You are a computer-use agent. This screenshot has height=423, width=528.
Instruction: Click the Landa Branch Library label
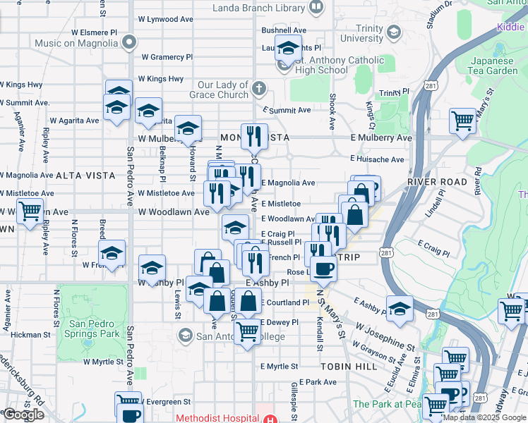pyautogui.click(x=260, y=8)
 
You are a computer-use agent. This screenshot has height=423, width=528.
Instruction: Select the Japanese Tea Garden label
pyautogui.click(x=493, y=66)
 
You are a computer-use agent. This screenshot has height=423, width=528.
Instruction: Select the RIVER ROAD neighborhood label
pyautogui.click(x=437, y=182)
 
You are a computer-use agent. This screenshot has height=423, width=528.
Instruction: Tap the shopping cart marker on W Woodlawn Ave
pyautogui.click(x=30, y=211)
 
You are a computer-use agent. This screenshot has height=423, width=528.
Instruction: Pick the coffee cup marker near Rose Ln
pyautogui.click(x=324, y=268)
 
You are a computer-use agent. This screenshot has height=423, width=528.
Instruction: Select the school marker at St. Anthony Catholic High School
pyautogui.click(x=287, y=50)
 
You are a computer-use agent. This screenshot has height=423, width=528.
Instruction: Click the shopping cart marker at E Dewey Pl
pyautogui.click(x=247, y=330)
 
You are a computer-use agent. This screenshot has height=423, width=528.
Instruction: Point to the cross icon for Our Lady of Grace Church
pyautogui.click(x=259, y=89)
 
